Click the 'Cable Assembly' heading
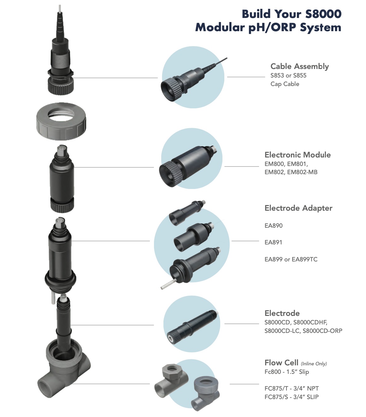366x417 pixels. tap(299, 66)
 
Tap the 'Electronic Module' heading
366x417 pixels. tap(298, 155)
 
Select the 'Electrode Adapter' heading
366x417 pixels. tap(298, 208)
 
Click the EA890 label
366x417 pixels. tap(274, 226)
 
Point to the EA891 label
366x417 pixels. tap(273, 243)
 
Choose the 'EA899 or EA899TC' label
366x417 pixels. tap(291, 260)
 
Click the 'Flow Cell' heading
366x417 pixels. tap(281, 363)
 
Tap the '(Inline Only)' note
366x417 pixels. tap(314, 364)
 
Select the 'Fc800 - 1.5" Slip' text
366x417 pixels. tap(286, 372)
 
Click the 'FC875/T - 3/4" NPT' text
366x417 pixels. tap(292, 389)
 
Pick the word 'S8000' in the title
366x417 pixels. tap(323, 14)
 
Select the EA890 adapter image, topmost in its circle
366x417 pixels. tap(186, 212)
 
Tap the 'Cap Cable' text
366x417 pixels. tap(285, 84)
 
